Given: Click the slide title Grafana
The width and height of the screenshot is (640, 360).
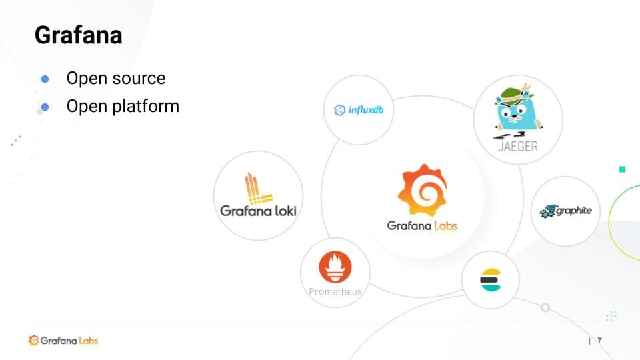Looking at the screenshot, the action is pyautogui.click(x=79, y=35).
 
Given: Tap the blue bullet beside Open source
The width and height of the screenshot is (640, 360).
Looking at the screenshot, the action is pyautogui.click(x=45, y=79).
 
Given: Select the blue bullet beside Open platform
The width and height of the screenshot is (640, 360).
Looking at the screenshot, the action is pyautogui.click(x=45, y=107).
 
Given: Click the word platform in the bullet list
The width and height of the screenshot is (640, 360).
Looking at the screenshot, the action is pyautogui.click(x=146, y=107).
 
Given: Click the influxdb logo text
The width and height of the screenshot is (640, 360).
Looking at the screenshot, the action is pyautogui.click(x=366, y=110).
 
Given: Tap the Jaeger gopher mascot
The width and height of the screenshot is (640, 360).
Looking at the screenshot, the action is pyautogui.click(x=517, y=111).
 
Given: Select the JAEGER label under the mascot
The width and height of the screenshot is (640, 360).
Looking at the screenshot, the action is pyautogui.click(x=518, y=147).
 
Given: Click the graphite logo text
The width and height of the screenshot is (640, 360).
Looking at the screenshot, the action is pyautogui.click(x=574, y=211).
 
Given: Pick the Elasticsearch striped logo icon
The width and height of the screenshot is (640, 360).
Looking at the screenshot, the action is pyautogui.click(x=491, y=279).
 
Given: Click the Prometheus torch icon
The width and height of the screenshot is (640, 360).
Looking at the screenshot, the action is pyautogui.click(x=335, y=267).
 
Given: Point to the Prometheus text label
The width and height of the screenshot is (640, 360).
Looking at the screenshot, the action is pyautogui.click(x=335, y=291).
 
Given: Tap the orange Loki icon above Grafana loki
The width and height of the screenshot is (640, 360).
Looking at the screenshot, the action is pyautogui.click(x=257, y=189).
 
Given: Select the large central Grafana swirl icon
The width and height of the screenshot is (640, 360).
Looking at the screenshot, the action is pyautogui.click(x=423, y=190).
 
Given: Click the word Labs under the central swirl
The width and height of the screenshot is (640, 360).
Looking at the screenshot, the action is pyautogui.click(x=445, y=226).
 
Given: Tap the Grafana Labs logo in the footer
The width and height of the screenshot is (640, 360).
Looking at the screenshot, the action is pyautogui.click(x=63, y=341).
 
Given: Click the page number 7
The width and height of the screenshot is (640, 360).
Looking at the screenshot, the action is pyautogui.click(x=599, y=341).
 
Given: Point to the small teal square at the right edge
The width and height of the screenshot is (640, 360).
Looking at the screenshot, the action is pyautogui.click(x=622, y=169).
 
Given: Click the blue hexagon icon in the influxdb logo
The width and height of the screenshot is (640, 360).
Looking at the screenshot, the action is pyautogui.click(x=339, y=110).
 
